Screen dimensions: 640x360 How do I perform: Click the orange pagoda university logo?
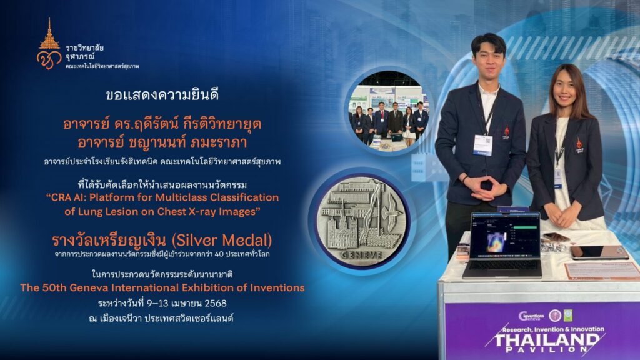click(x=49, y=44)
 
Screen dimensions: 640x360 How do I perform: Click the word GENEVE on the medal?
click(x=362, y=255)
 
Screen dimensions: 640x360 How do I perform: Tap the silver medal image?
click(x=362, y=221)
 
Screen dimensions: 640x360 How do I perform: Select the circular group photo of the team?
click(x=388, y=112)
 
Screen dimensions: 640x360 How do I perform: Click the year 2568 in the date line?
click(x=215, y=303)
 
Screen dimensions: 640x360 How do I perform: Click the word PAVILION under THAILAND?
click(x=547, y=350)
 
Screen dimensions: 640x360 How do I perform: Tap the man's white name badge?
click(x=483, y=145)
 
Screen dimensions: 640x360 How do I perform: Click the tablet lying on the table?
click(x=599, y=252)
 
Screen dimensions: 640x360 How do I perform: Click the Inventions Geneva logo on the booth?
click(x=531, y=316)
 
